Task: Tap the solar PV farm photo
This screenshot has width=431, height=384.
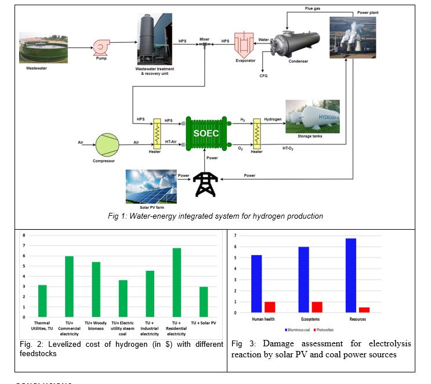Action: point(151,184)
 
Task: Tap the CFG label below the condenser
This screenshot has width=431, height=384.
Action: point(263,75)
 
